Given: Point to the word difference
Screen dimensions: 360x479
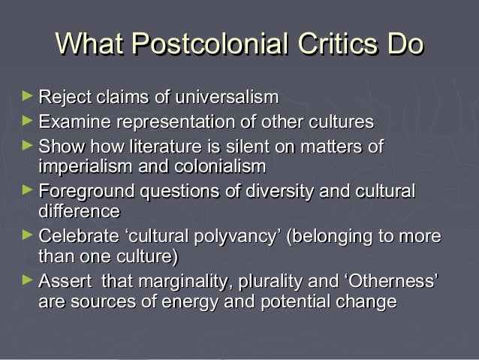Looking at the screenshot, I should coord(79,210).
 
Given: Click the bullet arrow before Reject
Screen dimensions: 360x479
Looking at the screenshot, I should coord(28,96).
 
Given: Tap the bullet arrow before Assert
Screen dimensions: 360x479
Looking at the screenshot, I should coord(28,282).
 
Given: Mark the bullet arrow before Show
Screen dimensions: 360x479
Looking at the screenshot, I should coord(28,144).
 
